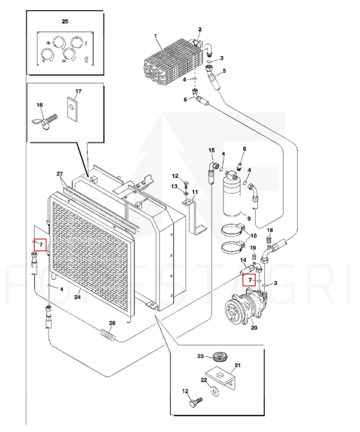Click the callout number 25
[x=65, y=21]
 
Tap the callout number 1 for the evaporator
[x=156, y=36]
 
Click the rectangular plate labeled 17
[x=72, y=108]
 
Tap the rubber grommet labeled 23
[x=221, y=357]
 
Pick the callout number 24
[x=77, y=297]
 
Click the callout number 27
[x=60, y=173]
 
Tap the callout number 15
[x=211, y=150]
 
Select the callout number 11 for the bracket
[x=195, y=192]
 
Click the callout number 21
[x=237, y=365]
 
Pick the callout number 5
[x=224, y=71]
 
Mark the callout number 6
[x=185, y=99]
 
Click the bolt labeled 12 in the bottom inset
[x=196, y=402]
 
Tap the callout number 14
[x=243, y=260]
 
